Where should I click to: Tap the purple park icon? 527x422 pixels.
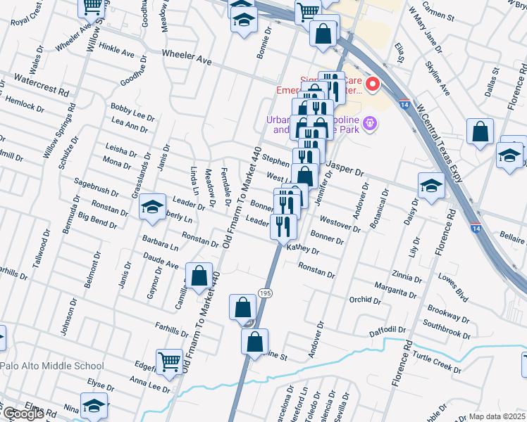pos(371,124)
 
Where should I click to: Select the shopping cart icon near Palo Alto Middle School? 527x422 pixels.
pos(170,362)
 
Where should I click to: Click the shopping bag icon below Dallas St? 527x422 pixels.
pos(480,132)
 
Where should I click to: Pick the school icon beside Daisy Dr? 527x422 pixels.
pos(431,186)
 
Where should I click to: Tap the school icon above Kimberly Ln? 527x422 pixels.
pos(151,207)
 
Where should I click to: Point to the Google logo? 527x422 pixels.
pos(23,414)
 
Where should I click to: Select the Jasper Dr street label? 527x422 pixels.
pos(346,172)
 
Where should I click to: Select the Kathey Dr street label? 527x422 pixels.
pos(303,250)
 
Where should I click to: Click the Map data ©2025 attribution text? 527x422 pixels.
pos(497,416)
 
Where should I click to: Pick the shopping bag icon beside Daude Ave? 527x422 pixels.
pos(199,277)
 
